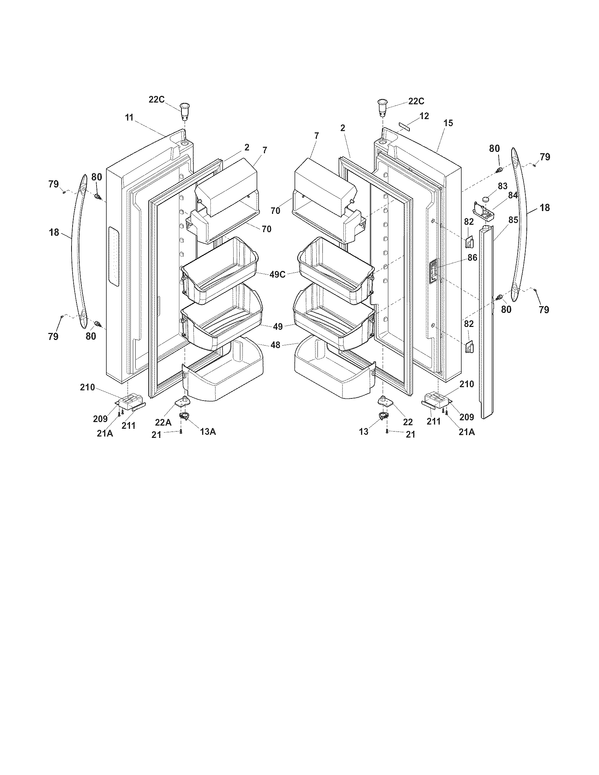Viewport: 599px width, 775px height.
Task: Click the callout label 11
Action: click(x=129, y=117)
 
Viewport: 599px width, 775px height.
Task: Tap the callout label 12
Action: click(x=424, y=116)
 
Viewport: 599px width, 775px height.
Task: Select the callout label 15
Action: click(x=448, y=123)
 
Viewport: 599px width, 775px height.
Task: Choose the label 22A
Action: click(x=163, y=422)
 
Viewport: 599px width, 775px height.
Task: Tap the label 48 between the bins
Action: click(x=276, y=345)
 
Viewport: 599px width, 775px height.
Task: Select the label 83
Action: click(x=502, y=186)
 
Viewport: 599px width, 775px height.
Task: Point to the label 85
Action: click(x=513, y=220)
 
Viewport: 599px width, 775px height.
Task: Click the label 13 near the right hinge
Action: click(x=364, y=432)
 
